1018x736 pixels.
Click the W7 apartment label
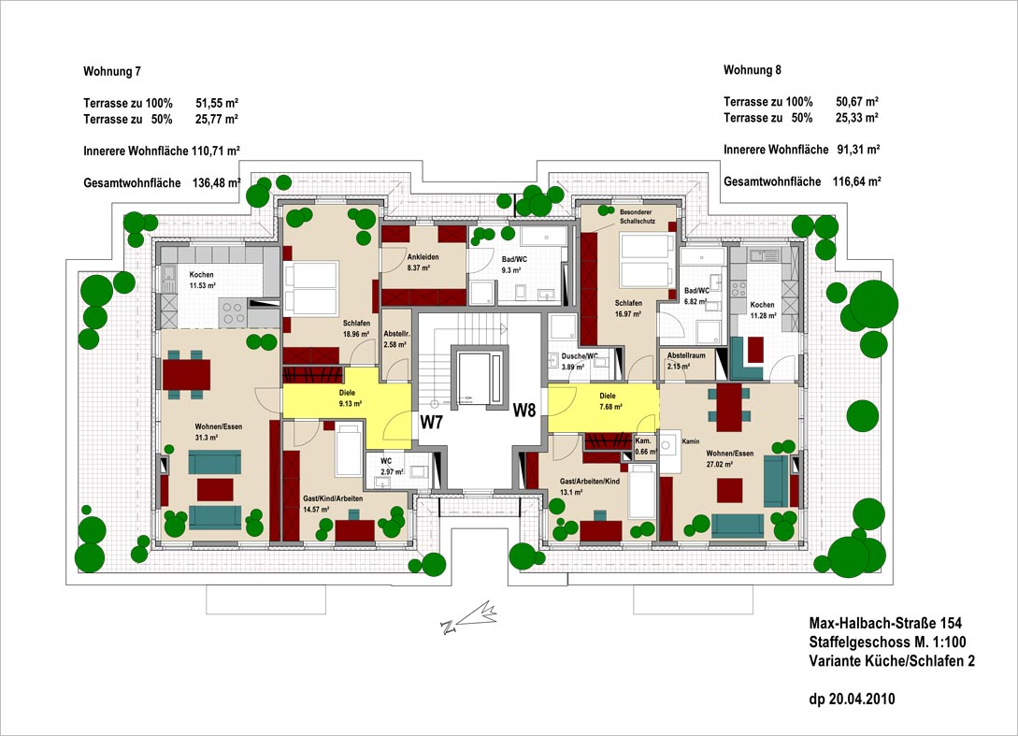pyautogui.click(x=431, y=422)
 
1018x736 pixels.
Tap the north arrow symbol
pyautogui.click(x=471, y=618)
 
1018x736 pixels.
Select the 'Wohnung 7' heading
pyautogui.click(x=112, y=71)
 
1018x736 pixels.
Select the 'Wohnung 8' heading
pyautogui.click(x=752, y=70)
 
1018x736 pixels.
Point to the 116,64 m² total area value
pyautogui.click(x=855, y=182)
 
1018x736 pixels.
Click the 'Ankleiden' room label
pyautogui.click(x=423, y=257)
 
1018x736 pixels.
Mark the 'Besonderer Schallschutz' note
pyautogui.click(x=637, y=217)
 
